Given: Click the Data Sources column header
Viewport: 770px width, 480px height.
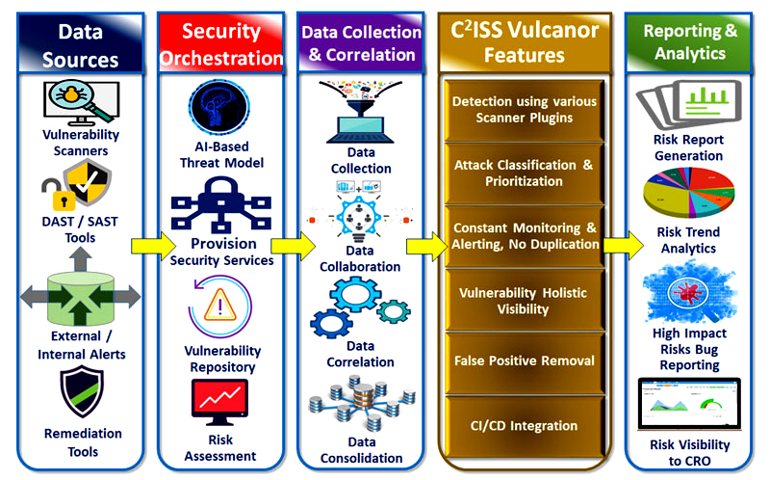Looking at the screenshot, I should [81, 44].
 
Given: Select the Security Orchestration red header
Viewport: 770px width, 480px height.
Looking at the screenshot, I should [220, 44].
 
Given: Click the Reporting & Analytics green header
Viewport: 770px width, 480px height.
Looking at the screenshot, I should [688, 42].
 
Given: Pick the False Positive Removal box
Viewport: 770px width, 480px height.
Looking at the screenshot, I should [525, 360].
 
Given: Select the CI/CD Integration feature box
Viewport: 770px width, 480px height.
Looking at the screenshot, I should [525, 425].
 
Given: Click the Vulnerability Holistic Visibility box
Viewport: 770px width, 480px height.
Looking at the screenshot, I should [525, 300].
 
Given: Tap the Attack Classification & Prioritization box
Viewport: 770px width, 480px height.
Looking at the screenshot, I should [525, 173].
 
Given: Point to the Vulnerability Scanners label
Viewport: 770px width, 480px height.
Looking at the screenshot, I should [81, 143].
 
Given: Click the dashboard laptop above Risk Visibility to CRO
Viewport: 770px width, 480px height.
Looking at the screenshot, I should [688, 405].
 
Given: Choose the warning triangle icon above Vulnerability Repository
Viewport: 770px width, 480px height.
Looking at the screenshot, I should [220, 306].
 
